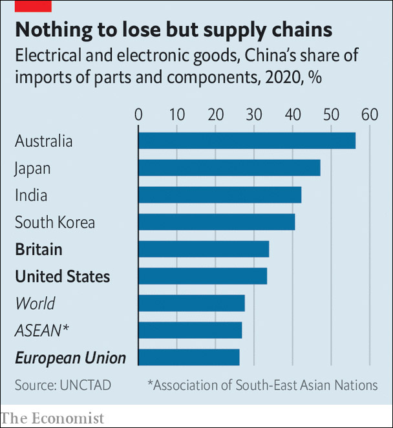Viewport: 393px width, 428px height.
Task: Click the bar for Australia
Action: [247, 140]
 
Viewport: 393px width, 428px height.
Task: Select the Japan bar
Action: [229, 167]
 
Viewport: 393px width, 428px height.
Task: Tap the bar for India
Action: [220, 195]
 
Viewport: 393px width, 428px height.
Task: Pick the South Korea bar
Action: [217, 222]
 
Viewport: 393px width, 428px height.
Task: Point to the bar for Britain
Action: [204, 249]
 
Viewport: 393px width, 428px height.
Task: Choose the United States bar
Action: [202, 276]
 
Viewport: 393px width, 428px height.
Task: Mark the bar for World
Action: [191, 303]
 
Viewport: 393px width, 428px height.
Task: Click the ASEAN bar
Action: [190, 330]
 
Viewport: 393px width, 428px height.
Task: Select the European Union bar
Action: [189, 358]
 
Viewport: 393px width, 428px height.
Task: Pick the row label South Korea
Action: [55, 222]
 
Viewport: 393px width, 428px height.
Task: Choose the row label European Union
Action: [70, 358]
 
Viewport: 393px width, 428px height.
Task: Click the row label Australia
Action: [44, 141]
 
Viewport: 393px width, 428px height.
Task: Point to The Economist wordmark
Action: [52, 418]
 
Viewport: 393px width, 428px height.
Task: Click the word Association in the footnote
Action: [187, 385]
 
